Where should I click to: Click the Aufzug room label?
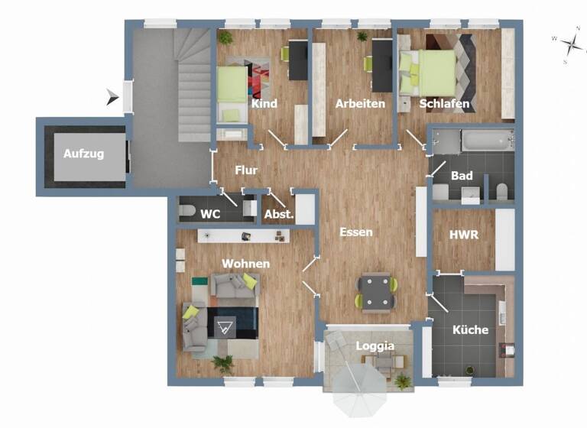(83, 153)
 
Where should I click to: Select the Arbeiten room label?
(360, 104)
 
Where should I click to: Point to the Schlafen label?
(444, 104)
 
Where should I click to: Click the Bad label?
(462, 176)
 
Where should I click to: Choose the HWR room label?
(464, 235)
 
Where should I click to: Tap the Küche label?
(471, 331)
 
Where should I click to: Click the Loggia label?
(375, 346)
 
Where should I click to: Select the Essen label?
(356, 232)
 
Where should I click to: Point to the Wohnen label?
(245, 264)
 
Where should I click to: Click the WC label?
(210, 215)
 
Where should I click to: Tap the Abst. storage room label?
(279, 215)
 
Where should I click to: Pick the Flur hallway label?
(245, 170)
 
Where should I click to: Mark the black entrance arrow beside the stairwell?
(113, 96)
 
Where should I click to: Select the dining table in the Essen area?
(375, 291)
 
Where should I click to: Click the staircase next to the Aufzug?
(191, 84)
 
